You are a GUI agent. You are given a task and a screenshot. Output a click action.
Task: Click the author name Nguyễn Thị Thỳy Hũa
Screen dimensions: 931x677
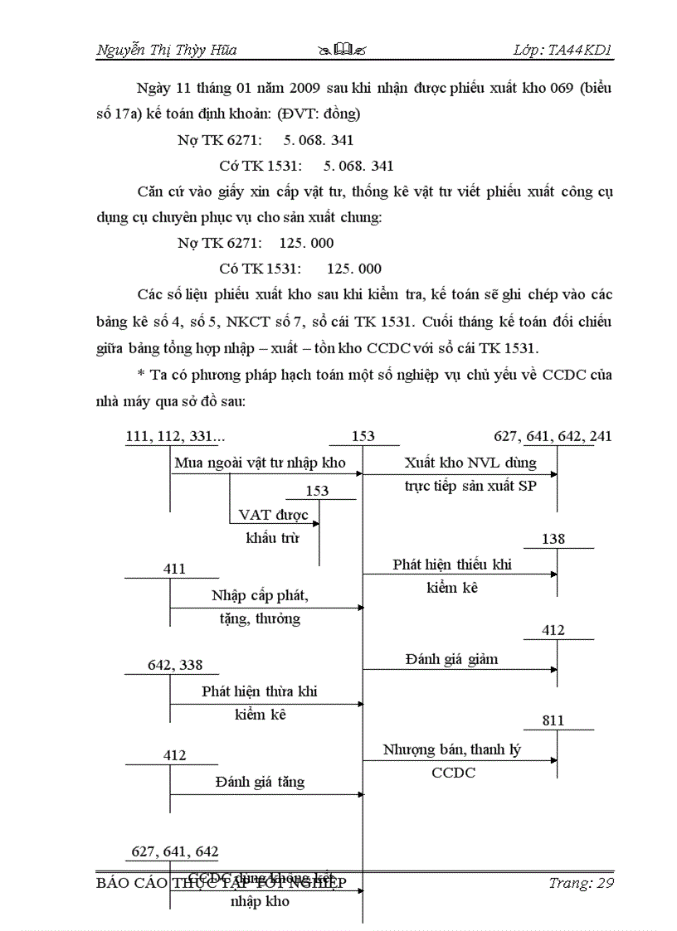tap(167, 50)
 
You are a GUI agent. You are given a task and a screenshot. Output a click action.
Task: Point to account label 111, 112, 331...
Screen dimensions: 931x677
tap(175, 436)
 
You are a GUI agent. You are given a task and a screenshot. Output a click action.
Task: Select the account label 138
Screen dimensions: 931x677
tap(553, 539)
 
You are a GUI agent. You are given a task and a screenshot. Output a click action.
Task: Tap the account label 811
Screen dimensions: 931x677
tap(553, 720)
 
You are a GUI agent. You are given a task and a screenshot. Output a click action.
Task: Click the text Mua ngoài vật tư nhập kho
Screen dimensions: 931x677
tap(260, 463)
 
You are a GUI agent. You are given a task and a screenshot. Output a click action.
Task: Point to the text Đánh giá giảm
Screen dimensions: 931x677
tap(452, 659)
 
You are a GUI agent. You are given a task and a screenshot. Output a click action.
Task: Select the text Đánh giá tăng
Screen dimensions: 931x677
tap(260, 782)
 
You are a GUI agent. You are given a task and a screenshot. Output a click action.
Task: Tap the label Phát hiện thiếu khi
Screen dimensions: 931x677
tap(452, 565)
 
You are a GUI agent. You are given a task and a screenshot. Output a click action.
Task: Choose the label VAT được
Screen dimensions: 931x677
tap(273, 515)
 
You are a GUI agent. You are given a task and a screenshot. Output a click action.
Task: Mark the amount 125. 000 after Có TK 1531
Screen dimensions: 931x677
tap(354, 269)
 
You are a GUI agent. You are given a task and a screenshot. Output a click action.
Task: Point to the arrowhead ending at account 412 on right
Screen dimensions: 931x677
tap(553, 669)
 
